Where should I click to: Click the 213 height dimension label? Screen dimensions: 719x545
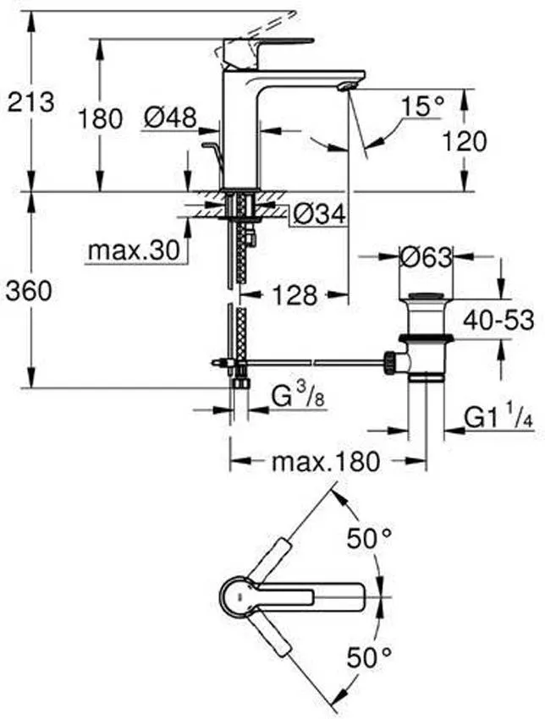tap(30, 102)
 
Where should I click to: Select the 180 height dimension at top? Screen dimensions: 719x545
tap(101, 118)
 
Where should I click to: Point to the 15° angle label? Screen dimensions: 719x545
tap(421, 107)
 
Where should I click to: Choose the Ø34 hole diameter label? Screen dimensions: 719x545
tap(319, 216)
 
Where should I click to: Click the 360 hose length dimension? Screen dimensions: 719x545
tap(30, 291)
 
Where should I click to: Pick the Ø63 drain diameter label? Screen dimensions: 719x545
tap(426, 257)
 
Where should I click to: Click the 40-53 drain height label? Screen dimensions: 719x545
tap(498, 320)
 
